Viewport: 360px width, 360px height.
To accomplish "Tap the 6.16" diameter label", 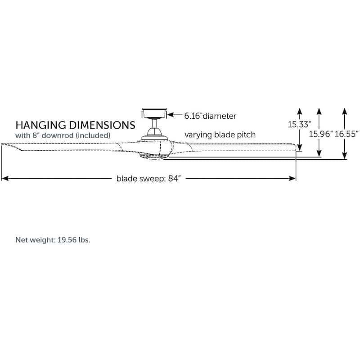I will [210, 116].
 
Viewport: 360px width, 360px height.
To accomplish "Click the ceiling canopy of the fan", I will [154, 112].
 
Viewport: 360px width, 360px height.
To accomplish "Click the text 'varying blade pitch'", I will [220, 135].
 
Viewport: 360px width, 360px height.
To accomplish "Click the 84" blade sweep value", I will [173, 179].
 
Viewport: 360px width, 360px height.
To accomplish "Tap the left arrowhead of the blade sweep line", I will [4, 179].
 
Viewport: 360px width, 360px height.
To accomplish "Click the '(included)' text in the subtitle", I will [93, 135].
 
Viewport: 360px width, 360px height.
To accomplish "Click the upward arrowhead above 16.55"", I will [344, 111].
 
